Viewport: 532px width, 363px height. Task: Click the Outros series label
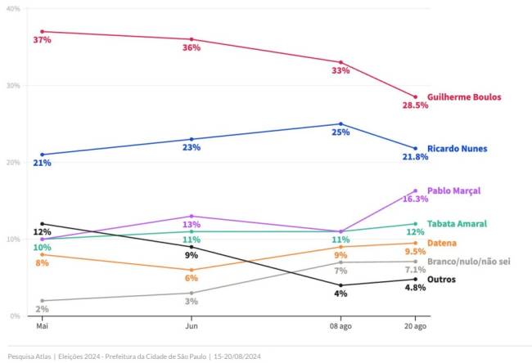point(442,279)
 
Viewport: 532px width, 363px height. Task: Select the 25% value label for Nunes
point(340,132)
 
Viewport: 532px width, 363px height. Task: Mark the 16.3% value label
point(415,199)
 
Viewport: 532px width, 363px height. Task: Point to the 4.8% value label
point(415,288)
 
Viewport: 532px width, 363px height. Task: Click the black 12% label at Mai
point(42,232)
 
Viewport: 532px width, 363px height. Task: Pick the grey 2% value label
point(42,310)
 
